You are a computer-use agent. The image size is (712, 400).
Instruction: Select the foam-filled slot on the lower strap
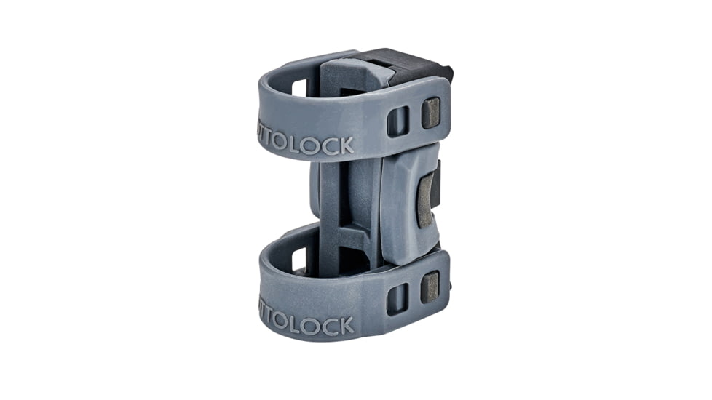(x=430, y=287)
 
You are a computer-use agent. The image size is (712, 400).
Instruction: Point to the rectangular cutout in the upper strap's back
(x=299, y=87)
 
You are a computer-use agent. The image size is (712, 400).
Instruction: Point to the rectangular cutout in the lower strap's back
(x=299, y=259)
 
